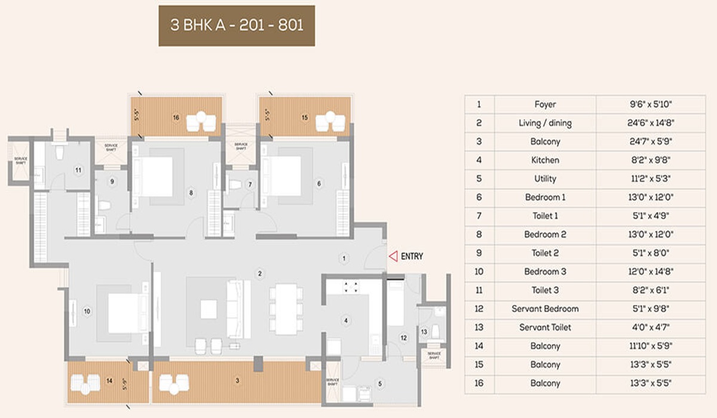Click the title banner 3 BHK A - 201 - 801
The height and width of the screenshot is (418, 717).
point(237,27)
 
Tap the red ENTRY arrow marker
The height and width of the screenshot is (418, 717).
point(393,256)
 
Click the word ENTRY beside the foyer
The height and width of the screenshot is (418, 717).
point(412,256)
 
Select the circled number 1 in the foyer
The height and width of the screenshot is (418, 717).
point(344,259)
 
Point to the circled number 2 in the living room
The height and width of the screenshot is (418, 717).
point(260,274)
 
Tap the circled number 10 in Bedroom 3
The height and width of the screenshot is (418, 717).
point(87,311)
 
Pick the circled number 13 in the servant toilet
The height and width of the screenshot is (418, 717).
point(424,331)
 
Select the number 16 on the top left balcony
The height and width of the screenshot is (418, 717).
point(176,118)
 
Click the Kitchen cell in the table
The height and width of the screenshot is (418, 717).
point(545,160)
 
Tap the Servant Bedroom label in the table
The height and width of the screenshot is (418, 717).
point(545,309)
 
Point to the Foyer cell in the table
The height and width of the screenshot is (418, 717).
point(545,105)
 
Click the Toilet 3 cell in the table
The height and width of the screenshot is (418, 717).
point(545,290)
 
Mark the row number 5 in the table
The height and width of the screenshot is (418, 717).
point(479,179)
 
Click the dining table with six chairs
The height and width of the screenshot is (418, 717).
point(284,308)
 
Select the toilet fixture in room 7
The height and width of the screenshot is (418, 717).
point(235,185)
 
